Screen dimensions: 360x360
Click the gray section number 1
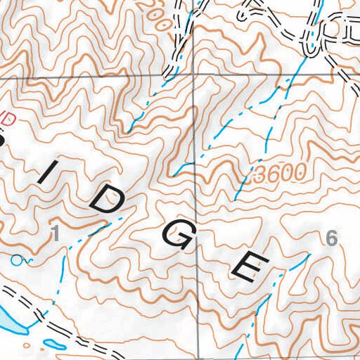pyautogui.click(x=55, y=235)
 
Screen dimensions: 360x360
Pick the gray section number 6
pyautogui.click(x=332, y=239)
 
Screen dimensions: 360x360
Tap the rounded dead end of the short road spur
pyautogui.click(x=244, y=13)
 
